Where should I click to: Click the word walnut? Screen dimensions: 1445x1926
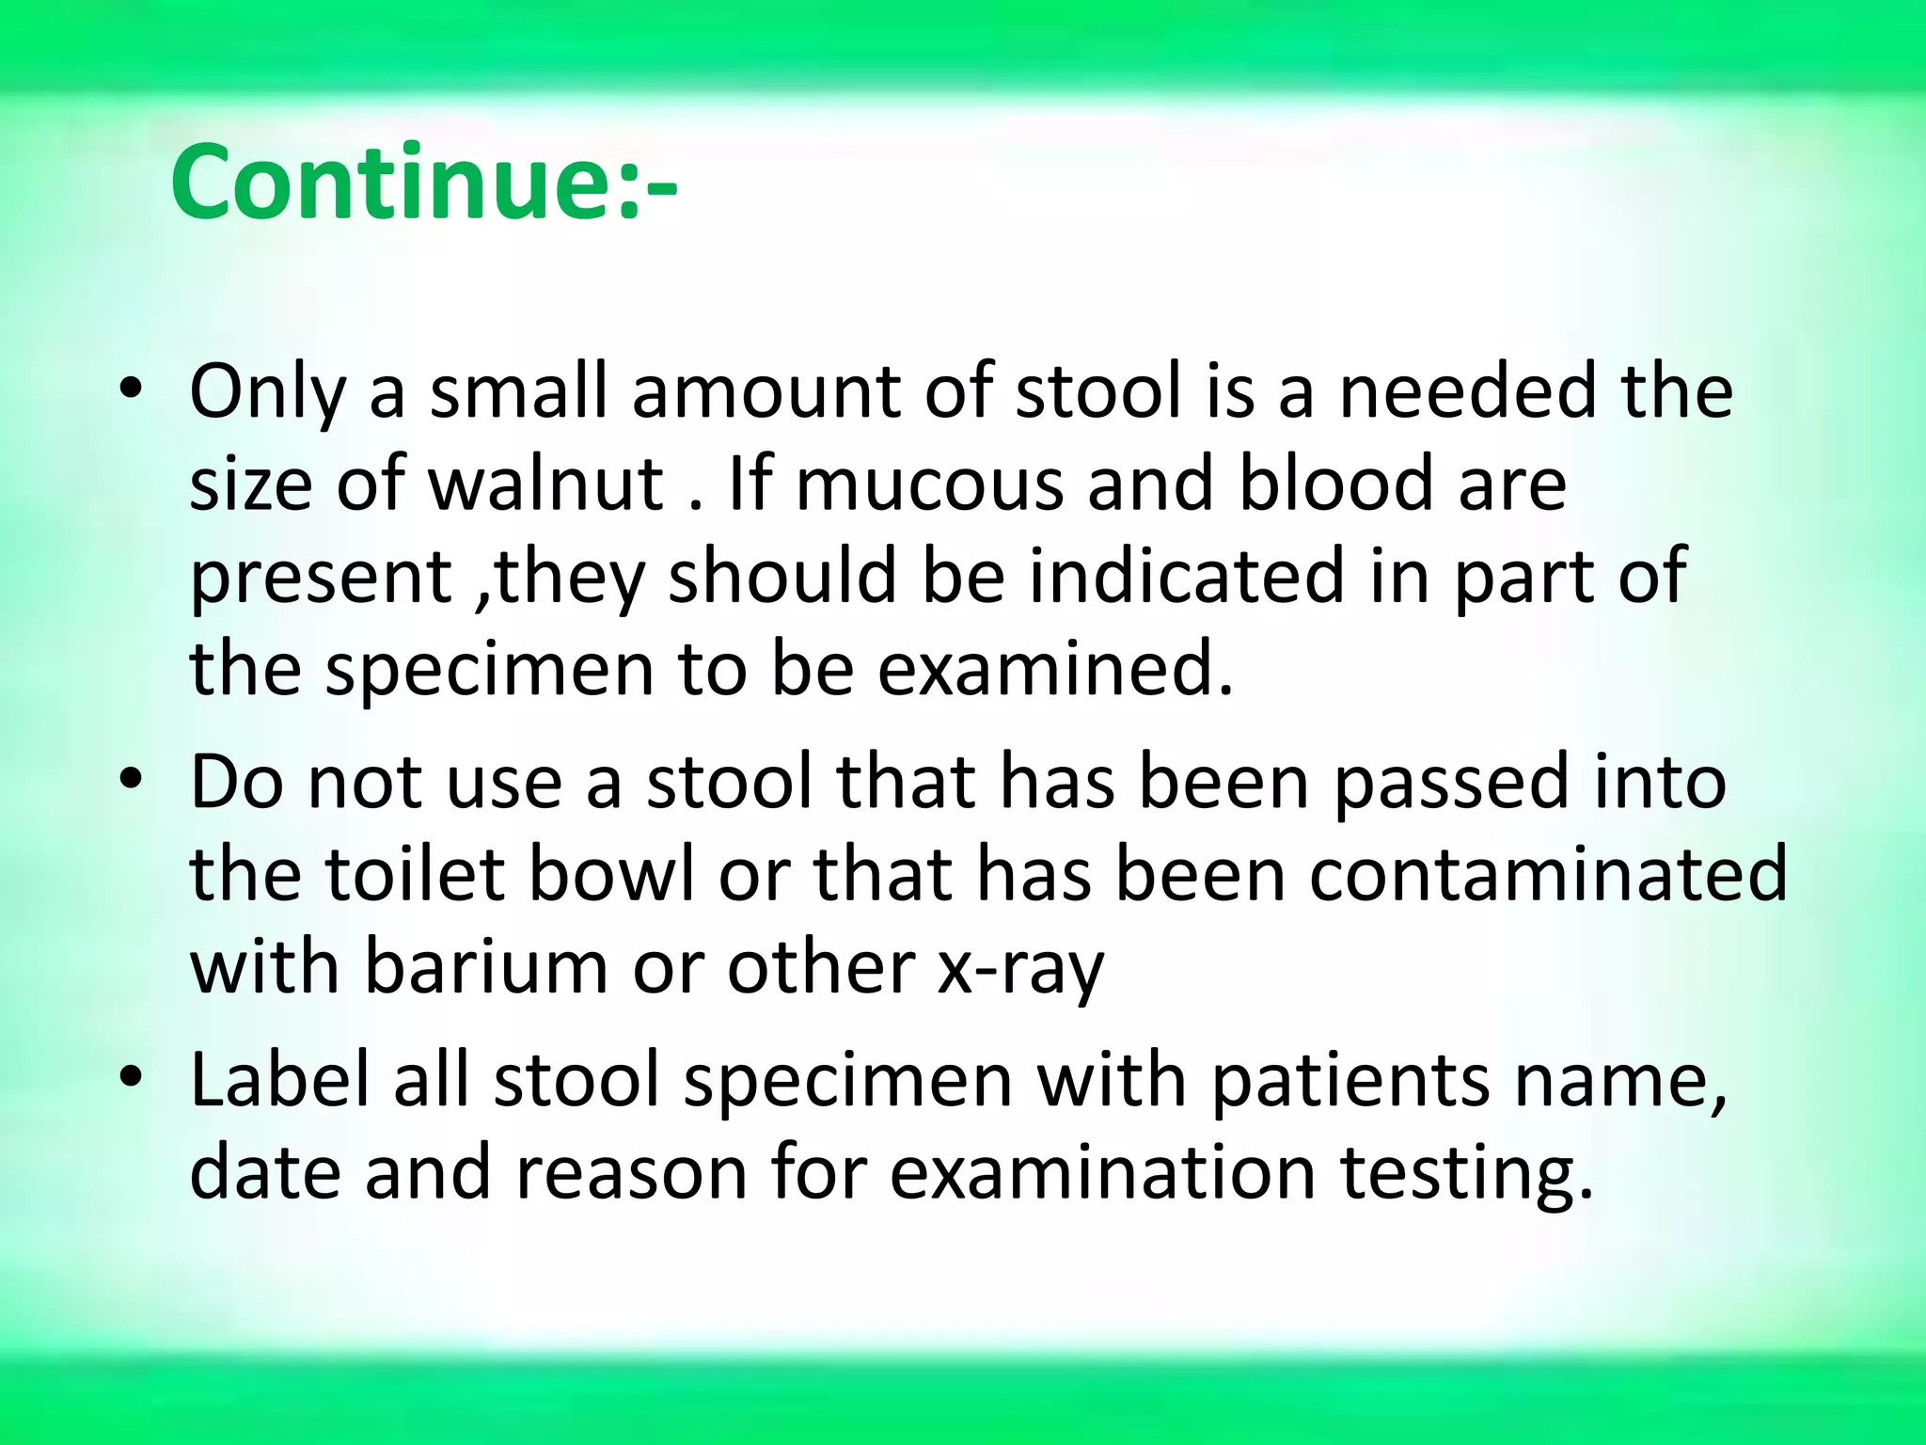click(546, 484)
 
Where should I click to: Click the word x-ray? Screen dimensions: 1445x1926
click(1021, 969)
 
